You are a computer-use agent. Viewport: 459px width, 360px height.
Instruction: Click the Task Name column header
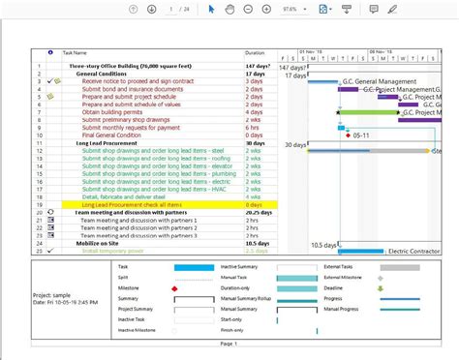(76, 52)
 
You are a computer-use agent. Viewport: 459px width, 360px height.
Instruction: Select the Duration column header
(255, 52)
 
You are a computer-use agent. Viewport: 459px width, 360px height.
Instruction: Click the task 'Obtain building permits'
(113, 112)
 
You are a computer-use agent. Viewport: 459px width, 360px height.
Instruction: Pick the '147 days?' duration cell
(257, 66)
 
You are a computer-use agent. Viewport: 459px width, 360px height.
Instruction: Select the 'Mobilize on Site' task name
(101, 243)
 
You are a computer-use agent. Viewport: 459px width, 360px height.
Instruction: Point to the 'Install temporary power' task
(112, 251)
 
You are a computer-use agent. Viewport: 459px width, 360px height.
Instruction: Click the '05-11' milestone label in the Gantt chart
(361, 135)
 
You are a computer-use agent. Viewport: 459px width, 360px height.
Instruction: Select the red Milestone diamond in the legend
(175, 288)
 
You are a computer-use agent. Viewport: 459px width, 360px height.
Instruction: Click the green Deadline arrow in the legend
(381, 288)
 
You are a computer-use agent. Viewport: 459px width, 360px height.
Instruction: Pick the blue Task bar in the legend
(193, 266)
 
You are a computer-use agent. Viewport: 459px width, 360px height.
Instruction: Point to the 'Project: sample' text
(53, 294)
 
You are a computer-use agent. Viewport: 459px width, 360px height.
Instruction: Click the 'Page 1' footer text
(229, 344)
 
